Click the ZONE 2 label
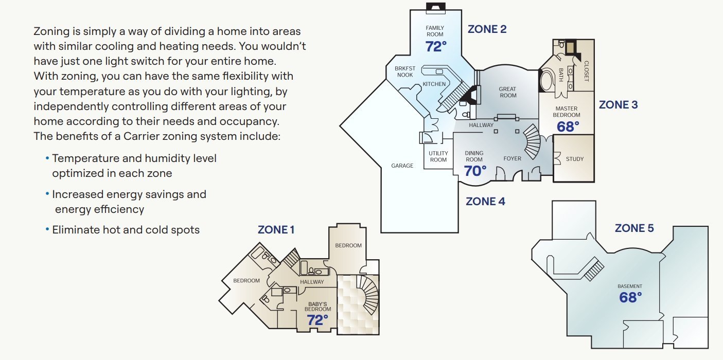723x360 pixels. click(x=487, y=29)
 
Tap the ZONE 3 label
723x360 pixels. click(x=618, y=105)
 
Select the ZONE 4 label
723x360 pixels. click(x=485, y=202)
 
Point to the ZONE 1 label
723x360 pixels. click(x=276, y=230)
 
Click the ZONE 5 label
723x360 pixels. click(x=634, y=228)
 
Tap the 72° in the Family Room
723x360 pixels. click(x=435, y=46)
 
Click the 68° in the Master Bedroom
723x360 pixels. click(x=568, y=127)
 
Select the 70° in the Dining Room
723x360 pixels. click(x=475, y=171)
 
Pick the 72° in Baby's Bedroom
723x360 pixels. click(x=318, y=320)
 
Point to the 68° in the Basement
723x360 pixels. click(x=630, y=297)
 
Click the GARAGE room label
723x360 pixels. click(x=402, y=166)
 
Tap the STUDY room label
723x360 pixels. click(x=574, y=159)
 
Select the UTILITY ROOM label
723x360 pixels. click(x=438, y=156)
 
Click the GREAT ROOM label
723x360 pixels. click(x=507, y=92)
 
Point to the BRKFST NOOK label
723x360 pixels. click(x=405, y=71)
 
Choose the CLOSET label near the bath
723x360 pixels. click(x=586, y=71)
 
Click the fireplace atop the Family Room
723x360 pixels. click(x=435, y=7)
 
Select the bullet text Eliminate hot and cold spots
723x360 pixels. click(x=126, y=230)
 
